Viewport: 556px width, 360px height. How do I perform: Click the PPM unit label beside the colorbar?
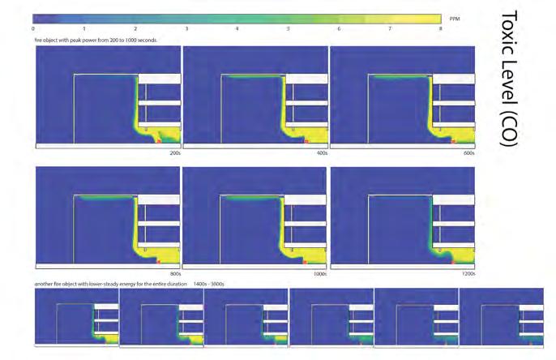tap(455, 17)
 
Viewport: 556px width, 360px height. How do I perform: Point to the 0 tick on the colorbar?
tap(33, 28)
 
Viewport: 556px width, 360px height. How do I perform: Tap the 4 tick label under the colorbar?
tap(237, 28)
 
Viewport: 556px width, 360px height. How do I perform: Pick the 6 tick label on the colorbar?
tap(339, 28)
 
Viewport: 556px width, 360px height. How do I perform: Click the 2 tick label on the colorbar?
tap(135, 28)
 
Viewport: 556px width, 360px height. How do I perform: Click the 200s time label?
tap(174, 152)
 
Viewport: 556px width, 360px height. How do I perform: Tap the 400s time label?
tap(321, 152)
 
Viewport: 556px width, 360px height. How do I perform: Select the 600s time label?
tap(468, 152)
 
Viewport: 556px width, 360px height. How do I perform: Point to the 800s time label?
tap(174, 273)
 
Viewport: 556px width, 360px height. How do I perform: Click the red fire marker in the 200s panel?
tap(159, 140)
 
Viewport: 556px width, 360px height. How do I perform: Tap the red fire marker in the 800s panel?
tap(159, 262)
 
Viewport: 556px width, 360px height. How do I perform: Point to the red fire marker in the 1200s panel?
tap(453, 262)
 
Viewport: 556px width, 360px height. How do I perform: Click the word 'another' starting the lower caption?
tap(43, 284)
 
